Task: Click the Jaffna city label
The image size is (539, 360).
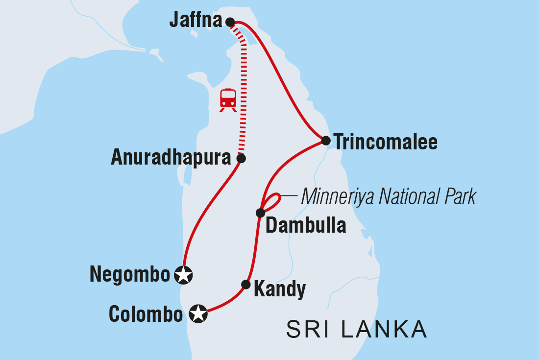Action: [196, 21]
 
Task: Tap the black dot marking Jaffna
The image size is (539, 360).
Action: [230, 22]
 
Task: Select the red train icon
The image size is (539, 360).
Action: [228, 99]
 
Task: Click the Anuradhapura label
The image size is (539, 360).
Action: [171, 158]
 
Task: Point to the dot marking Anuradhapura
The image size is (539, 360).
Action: [241, 158]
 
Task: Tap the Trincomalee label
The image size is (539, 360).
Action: [386, 142]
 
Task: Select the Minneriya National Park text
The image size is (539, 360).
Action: [389, 197]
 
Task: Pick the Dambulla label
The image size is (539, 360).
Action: [306, 226]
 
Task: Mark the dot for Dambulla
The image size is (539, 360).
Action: [260, 213]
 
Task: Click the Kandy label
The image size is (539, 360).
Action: [280, 289]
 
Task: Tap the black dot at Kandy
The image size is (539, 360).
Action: [246, 285]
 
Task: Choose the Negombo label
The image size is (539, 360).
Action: [130, 275]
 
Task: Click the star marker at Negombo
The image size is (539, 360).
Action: [184, 275]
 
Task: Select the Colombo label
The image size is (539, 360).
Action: [146, 314]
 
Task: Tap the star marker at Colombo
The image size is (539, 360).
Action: [198, 314]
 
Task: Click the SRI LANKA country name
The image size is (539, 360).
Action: [357, 330]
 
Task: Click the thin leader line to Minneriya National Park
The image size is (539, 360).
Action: [290, 197]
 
